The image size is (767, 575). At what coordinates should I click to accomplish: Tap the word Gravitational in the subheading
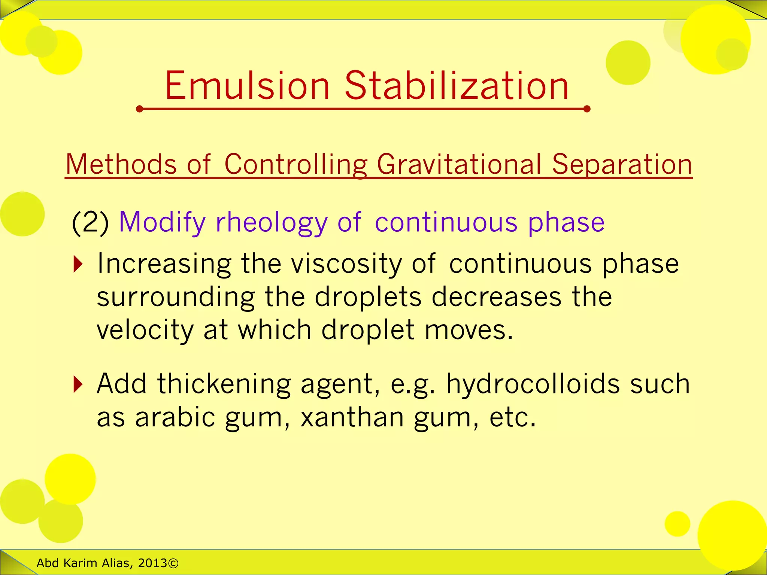[459, 165]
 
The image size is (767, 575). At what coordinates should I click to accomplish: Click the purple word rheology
[272, 223]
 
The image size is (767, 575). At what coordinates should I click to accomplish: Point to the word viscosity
[346, 264]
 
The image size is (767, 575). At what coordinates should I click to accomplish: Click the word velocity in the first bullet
[145, 330]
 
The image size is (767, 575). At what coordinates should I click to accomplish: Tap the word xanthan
[352, 417]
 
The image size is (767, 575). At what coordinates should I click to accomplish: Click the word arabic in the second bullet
[175, 417]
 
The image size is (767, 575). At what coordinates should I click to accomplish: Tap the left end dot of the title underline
[140, 109]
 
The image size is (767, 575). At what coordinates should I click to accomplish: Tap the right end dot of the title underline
[587, 109]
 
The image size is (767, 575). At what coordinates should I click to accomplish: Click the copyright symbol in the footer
[173, 563]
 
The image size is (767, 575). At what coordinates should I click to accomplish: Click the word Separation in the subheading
[622, 165]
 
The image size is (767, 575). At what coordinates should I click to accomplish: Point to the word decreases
[497, 297]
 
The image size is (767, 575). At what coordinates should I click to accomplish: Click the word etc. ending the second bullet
[512, 417]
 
